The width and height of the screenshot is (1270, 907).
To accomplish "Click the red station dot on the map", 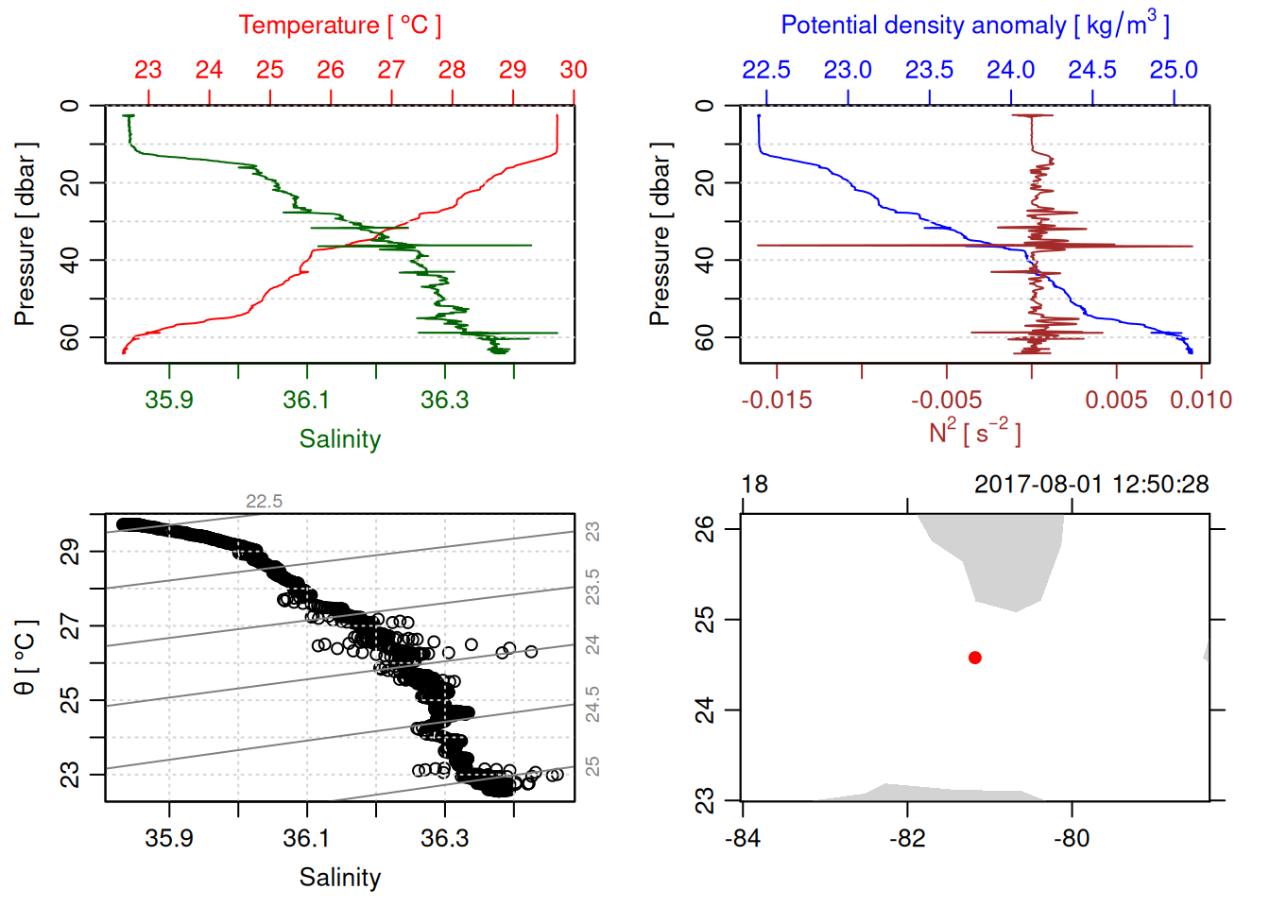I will (x=975, y=658).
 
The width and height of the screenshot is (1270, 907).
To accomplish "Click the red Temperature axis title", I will (x=339, y=26).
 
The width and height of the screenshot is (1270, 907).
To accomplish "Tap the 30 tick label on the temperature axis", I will (x=574, y=70).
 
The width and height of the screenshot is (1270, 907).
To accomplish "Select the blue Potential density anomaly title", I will (x=974, y=26).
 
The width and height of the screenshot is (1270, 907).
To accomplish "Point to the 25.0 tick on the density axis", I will (x=1174, y=70).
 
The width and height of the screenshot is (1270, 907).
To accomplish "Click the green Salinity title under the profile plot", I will (x=339, y=439).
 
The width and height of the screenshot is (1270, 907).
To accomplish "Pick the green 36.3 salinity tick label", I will (x=444, y=400).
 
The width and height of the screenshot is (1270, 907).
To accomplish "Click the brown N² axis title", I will (x=974, y=433).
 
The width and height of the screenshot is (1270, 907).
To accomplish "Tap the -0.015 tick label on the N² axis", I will (x=777, y=400).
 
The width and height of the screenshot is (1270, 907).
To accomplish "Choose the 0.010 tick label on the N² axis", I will (x=1201, y=400).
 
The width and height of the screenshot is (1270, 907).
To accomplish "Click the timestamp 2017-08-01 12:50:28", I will (x=1091, y=485).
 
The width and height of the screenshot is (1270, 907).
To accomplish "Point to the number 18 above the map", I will (x=754, y=485).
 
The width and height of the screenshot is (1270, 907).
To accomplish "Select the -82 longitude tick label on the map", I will (x=907, y=838).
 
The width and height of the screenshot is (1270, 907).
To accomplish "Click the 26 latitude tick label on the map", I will (x=705, y=528).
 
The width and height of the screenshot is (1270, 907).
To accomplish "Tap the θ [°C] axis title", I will (x=26, y=658).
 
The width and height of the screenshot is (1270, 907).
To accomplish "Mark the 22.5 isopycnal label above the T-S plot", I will (x=264, y=502).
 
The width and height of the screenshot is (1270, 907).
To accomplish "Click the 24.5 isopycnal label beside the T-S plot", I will (x=592, y=704).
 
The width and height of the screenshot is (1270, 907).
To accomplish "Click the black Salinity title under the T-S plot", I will (x=339, y=878).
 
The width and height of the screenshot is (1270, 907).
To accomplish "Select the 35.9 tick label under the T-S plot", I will (x=169, y=838).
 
